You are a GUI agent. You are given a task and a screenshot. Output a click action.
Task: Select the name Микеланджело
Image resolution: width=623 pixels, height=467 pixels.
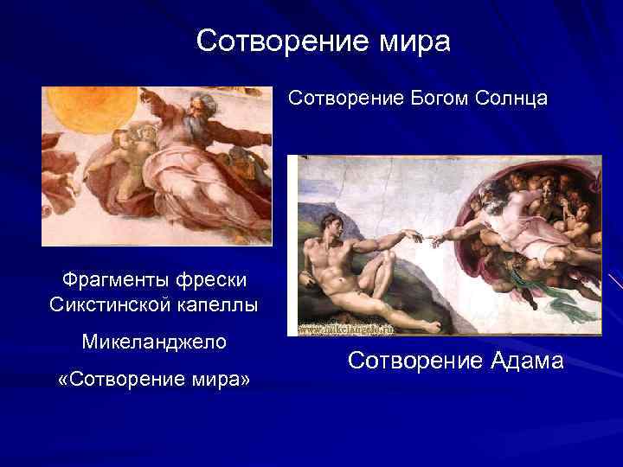[154, 342]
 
